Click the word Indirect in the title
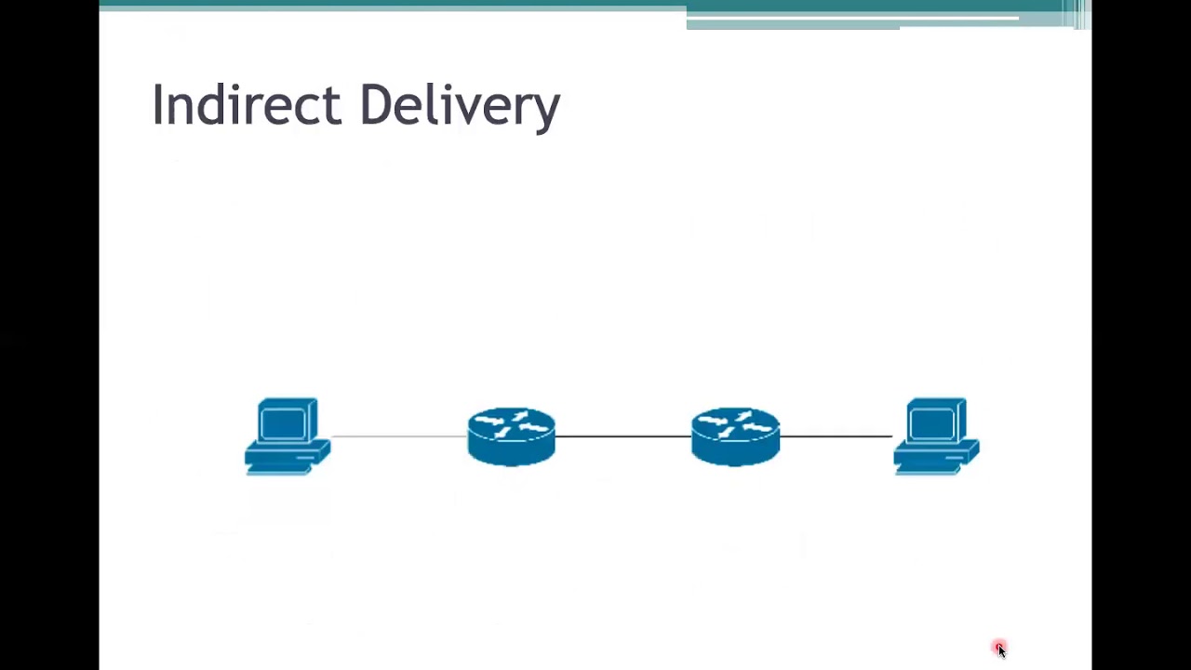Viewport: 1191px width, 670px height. (246, 104)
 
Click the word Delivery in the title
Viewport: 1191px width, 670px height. (459, 104)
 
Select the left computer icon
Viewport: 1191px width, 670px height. (287, 436)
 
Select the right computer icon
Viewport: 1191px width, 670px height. (936, 436)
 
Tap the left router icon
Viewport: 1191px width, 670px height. (511, 436)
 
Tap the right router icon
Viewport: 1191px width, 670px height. (735, 436)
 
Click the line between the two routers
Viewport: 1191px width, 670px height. (623, 436)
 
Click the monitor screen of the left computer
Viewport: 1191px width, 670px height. (283, 424)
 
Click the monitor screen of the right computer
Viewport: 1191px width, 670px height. (931, 424)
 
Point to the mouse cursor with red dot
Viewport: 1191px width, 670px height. (999, 649)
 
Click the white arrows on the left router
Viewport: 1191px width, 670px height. (511, 424)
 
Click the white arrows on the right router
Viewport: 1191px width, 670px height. (735, 424)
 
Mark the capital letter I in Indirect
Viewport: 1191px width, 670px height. (157, 104)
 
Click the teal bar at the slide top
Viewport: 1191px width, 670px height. (391, 5)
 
